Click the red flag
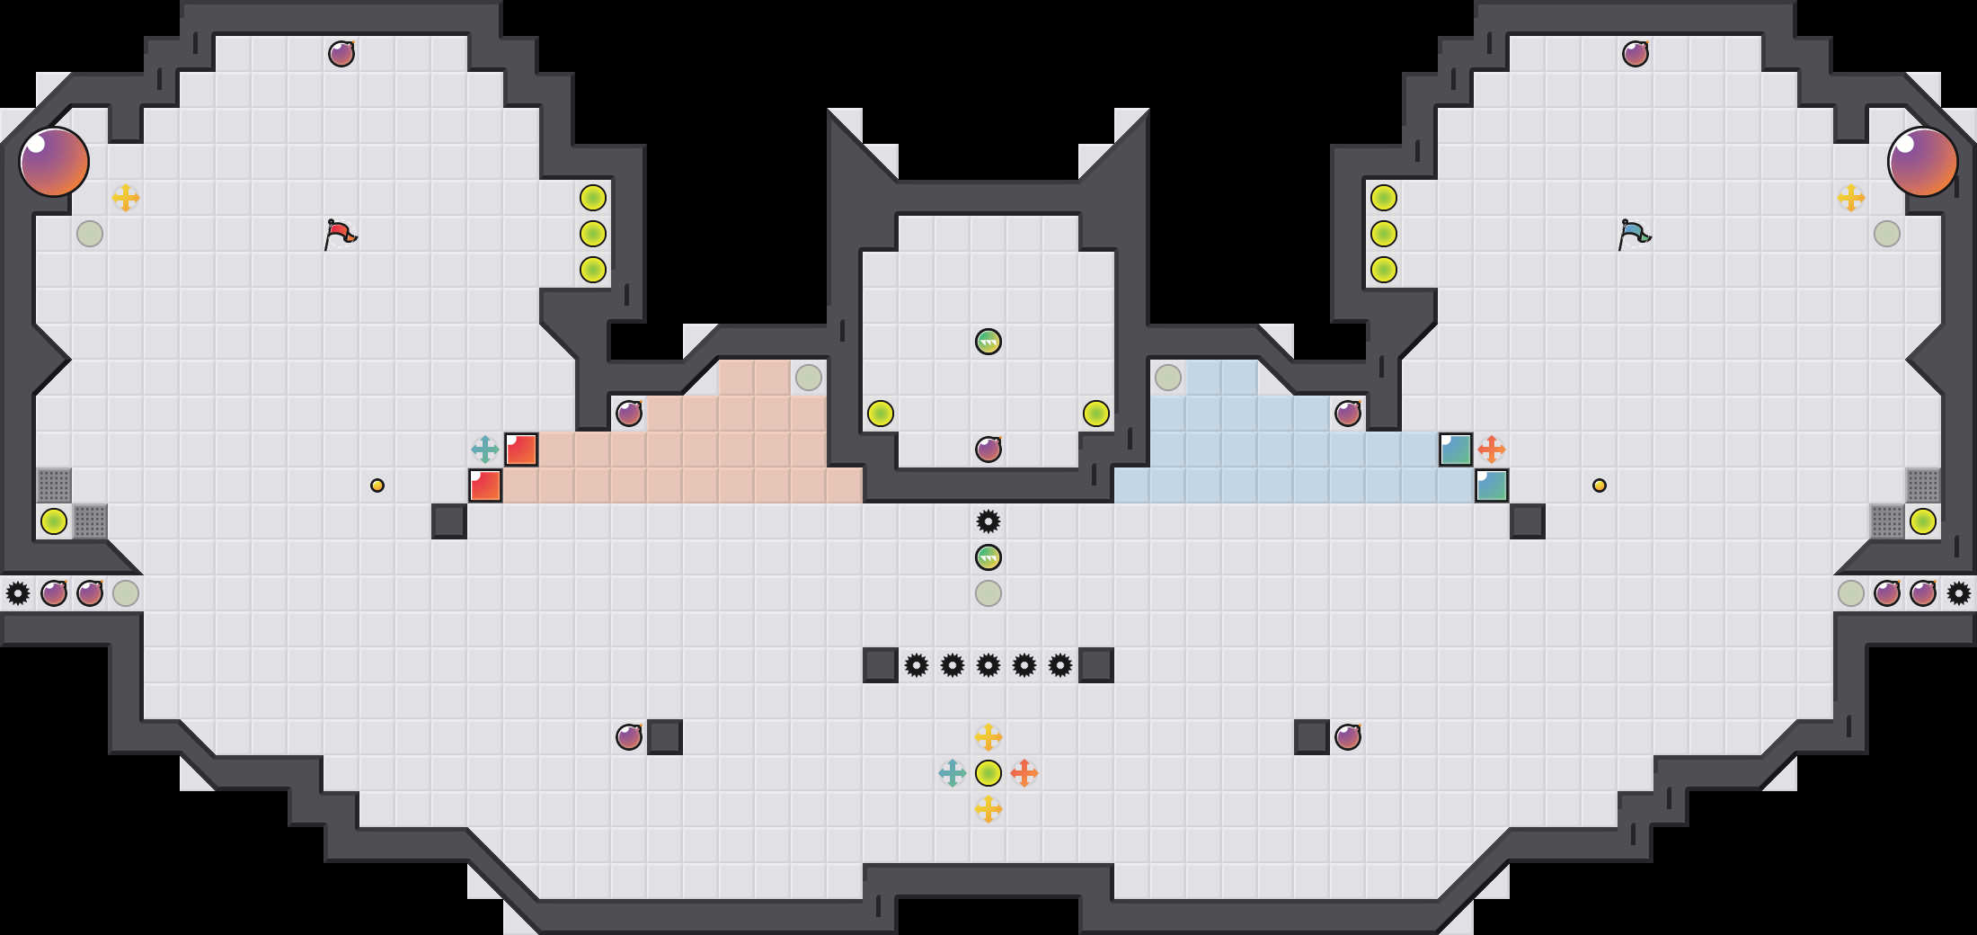click(x=340, y=234)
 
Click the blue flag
click(x=1634, y=234)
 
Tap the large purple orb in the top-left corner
click(x=54, y=162)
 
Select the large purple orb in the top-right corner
click(x=1923, y=162)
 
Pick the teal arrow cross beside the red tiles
click(x=485, y=450)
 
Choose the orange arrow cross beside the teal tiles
click(x=1492, y=450)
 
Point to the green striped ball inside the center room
click(x=988, y=342)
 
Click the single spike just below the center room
click(x=988, y=521)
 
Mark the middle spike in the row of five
click(x=988, y=665)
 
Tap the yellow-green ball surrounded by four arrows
click(x=988, y=773)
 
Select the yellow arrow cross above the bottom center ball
click(x=988, y=737)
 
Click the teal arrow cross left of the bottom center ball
click(x=953, y=773)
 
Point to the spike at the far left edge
click(x=18, y=593)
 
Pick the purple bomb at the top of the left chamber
click(x=341, y=54)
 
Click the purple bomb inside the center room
click(x=988, y=450)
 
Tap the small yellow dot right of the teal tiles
click(x=1600, y=485)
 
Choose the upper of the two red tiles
click(x=521, y=450)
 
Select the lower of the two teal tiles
click(x=1492, y=485)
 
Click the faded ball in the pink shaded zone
click(x=809, y=378)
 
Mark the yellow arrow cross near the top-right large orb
click(x=1851, y=198)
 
